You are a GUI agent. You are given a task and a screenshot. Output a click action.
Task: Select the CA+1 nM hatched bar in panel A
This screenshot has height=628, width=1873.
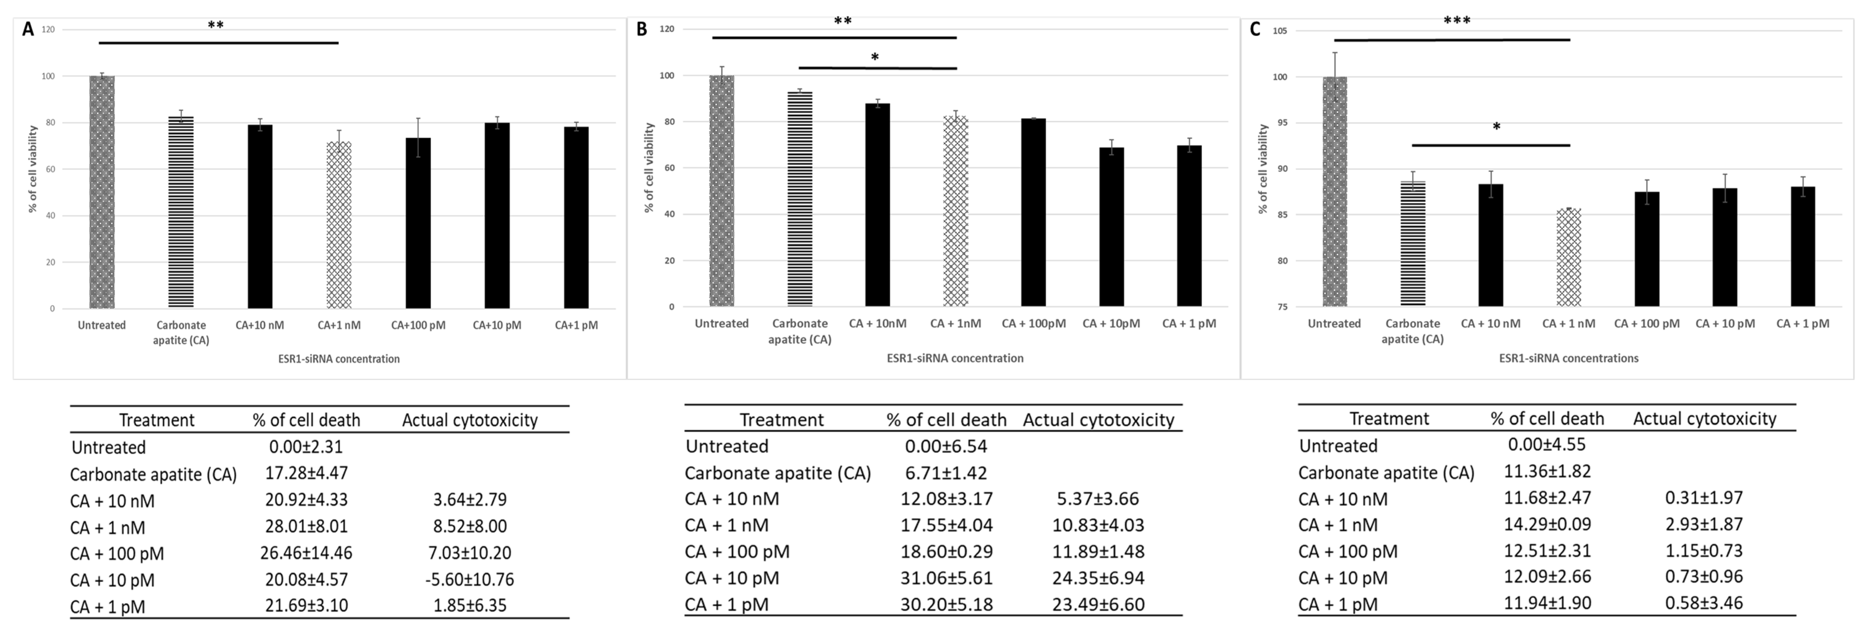pyautogui.click(x=339, y=225)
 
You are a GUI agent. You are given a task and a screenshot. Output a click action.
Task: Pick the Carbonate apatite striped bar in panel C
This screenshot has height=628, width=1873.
pyautogui.click(x=1413, y=243)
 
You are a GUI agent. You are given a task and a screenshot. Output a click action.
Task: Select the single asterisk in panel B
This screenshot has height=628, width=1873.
pyautogui.click(x=875, y=57)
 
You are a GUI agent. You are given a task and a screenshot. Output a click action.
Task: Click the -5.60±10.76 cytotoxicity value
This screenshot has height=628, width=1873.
pyautogui.click(x=470, y=579)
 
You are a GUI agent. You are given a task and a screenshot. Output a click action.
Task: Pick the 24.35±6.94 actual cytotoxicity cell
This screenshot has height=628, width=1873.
pyautogui.click(x=1098, y=578)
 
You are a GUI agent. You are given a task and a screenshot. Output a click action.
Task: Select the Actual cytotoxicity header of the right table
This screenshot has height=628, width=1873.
pyautogui.click(x=1704, y=419)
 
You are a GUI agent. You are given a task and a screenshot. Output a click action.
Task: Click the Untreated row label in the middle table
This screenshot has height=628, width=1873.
pyautogui.click(x=727, y=446)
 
